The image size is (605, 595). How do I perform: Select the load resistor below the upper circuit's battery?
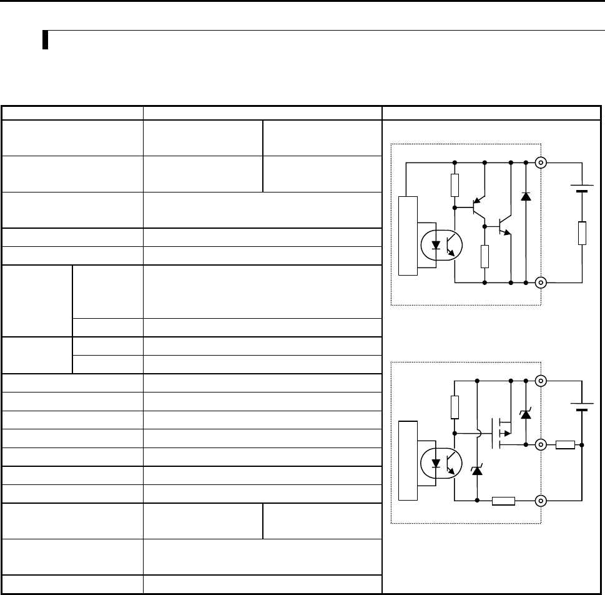pyautogui.click(x=582, y=232)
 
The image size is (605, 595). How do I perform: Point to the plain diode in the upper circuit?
pyautogui.click(x=525, y=196)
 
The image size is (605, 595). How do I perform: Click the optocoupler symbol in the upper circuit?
pyautogui.click(x=442, y=245)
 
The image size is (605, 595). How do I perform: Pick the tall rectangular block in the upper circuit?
pyautogui.click(x=406, y=236)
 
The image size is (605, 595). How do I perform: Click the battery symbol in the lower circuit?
pyautogui.click(x=582, y=407)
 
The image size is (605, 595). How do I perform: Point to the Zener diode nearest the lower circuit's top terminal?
pyautogui.click(x=525, y=413)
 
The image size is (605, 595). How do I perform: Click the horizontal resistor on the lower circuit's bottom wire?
pyautogui.click(x=503, y=501)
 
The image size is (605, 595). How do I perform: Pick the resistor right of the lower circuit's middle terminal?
pyautogui.click(x=565, y=445)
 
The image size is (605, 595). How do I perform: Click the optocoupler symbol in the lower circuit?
pyautogui.click(x=442, y=464)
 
